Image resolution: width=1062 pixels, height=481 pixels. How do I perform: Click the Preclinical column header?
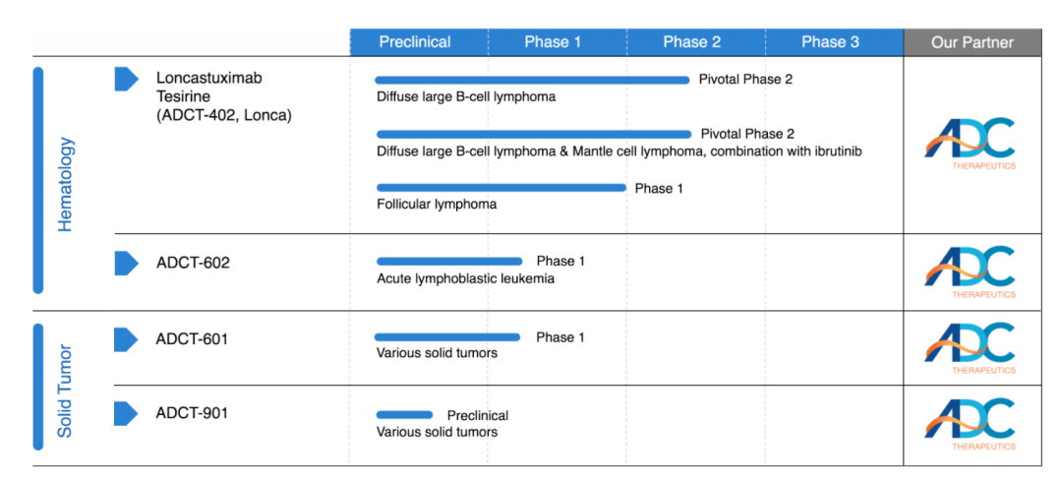click(x=415, y=42)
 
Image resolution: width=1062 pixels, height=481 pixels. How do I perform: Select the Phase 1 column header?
click(x=553, y=42)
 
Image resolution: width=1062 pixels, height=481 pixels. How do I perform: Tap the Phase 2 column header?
click(x=691, y=42)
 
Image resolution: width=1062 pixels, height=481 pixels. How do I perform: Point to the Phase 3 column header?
click(x=830, y=42)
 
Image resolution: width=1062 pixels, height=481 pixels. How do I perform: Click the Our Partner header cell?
click(x=972, y=42)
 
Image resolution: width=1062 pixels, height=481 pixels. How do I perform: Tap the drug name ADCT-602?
click(x=193, y=263)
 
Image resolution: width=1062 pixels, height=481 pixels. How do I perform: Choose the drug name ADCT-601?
click(x=192, y=339)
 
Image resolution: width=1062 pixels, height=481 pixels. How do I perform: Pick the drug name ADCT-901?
click(x=192, y=413)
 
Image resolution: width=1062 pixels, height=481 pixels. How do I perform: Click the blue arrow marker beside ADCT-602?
click(x=126, y=263)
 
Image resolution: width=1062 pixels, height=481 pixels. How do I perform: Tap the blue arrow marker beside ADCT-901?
click(x=126, y=413)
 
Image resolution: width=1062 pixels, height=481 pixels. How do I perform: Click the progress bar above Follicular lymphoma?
click(x=501, y=188)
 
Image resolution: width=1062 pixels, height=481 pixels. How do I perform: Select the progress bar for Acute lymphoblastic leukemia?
click(x=449, y=262)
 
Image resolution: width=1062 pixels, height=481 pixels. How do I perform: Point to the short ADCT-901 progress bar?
click(x=404, y=415)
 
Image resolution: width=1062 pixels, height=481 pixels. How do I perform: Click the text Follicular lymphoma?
click(x=437, y=205)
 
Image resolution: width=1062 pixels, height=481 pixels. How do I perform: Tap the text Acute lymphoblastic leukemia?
click(x=465, y=278)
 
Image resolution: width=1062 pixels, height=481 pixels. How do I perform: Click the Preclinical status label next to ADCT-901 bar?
click(x=478, y=415)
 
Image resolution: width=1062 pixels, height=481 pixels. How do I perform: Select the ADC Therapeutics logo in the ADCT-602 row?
click(x=971, y=271)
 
